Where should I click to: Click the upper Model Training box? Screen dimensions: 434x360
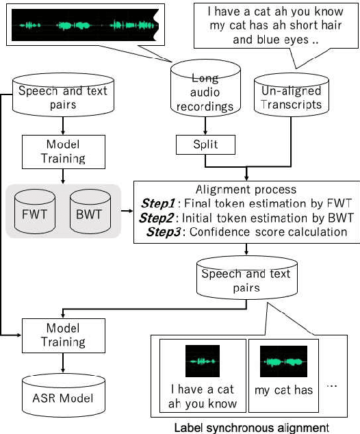coord(62,152)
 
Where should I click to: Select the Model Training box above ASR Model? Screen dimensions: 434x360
coord(62,335)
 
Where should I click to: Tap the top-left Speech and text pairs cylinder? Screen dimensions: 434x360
coord(62,96)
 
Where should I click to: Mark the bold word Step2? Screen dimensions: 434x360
coord(156,218)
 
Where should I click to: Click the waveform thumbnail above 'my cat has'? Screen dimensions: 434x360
coord(283,362)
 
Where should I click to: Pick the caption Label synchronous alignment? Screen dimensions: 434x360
coord(251,427)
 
